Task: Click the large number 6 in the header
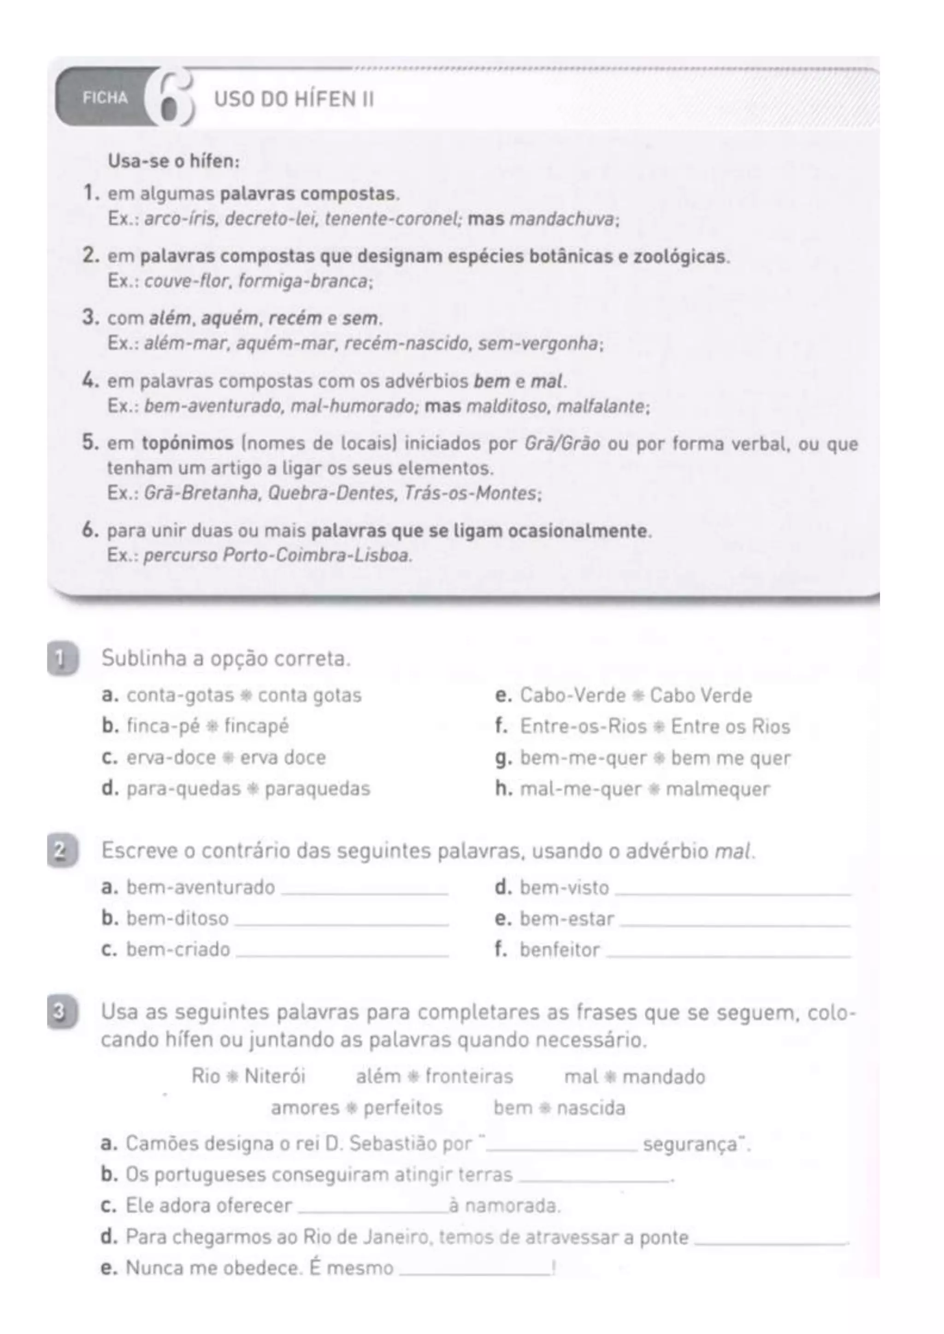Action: (169, 98)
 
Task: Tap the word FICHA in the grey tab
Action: (105, 98)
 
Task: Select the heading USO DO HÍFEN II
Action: (294, 99)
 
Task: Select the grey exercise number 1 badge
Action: (62, 660)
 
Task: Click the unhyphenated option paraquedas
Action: (318, 789)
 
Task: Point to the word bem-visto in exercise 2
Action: (564, 888)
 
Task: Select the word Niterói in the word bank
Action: (274, 1077)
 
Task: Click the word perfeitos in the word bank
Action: (403, 1108)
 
